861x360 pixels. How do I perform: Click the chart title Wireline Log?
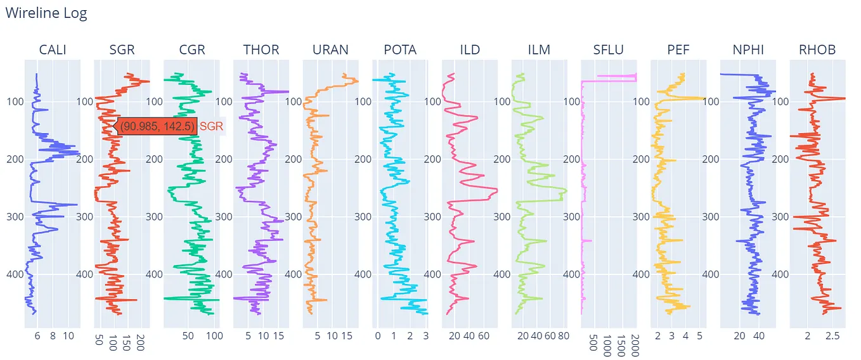(x=46, y=13)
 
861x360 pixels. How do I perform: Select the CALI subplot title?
(x=53, y=49)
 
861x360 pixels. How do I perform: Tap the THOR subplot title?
(x=261, y=49)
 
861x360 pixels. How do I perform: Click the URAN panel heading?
(x=330, y=49)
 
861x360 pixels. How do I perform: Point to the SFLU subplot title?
(x=609, y=49)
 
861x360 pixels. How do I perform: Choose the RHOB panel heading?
(x=817, y=49)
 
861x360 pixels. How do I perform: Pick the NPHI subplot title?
(x=748, y=49)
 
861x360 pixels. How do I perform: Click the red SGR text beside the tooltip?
(x=212, y=126)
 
